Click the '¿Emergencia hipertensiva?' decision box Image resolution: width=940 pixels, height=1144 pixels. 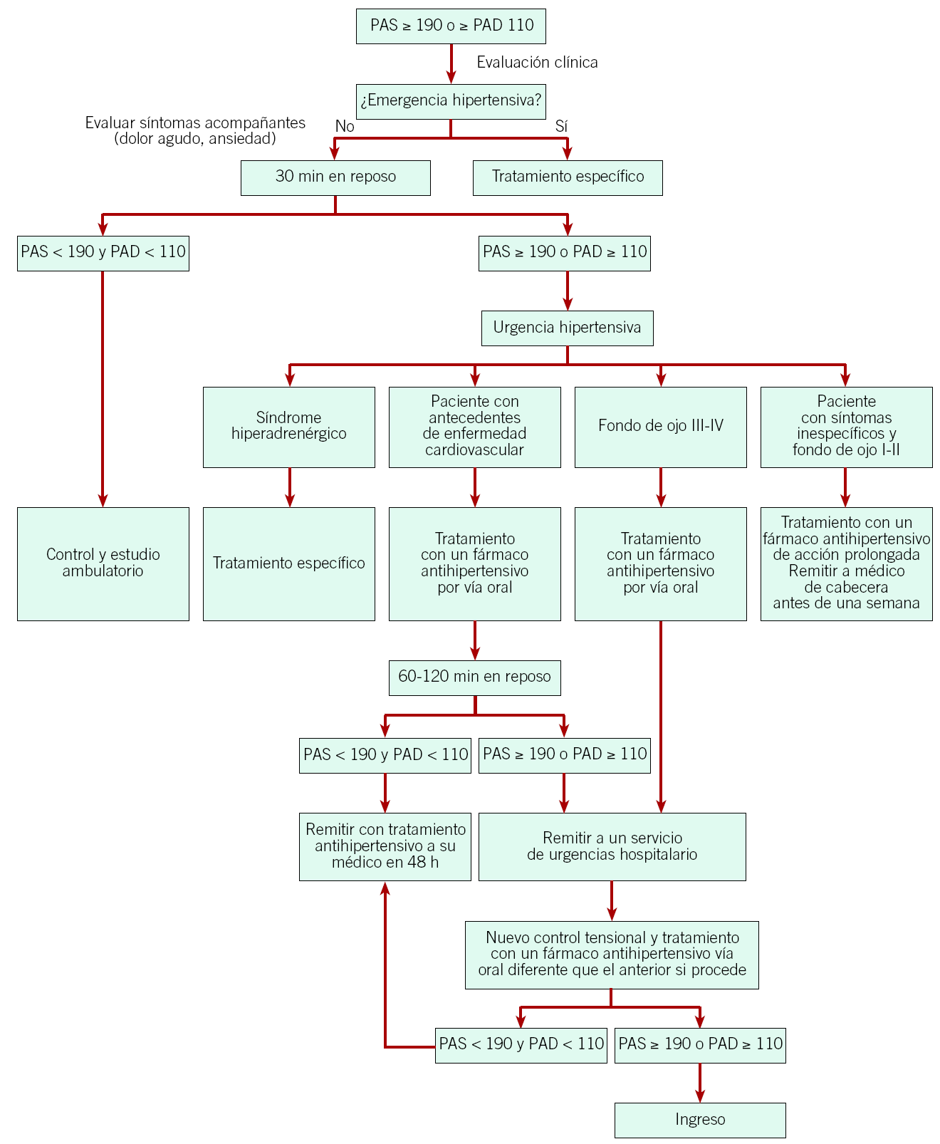pyautogui.click(x=451, y=100)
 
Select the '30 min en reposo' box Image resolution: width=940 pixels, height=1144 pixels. pyautogui.click(x=335, y=177)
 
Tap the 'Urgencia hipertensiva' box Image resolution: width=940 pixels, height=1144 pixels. pyautogui.click(x=567, y=328)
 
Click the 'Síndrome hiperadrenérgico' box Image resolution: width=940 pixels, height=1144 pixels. pyautogui.click(x=288, y=427)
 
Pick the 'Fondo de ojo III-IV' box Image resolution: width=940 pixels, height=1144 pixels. pyautogui.click(x=660, y=427)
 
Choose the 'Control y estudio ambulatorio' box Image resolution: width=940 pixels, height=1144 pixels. pyautogui.click(x=103, y=563)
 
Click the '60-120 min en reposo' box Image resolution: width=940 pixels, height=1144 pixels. pyautogui.click(x=474, y=677)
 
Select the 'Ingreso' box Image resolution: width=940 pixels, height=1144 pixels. pyautogui.click(x=699, y=1120)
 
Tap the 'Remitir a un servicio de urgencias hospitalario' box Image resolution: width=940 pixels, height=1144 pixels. pyautogui.click(x=612, y=846)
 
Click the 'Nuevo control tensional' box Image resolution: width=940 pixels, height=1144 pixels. pyautogui.click(x=611, y=955)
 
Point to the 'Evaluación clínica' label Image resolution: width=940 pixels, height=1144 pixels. pyautogui.click(x=537, y=63)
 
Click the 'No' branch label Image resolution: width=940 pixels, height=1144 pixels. pyautogui.click(x=345, y=127)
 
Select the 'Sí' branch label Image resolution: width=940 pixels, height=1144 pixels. pyautogui.click(x=561, y=127)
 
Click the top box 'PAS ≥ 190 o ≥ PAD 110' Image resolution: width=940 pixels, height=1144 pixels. pyautogui.click(x=451, y=26)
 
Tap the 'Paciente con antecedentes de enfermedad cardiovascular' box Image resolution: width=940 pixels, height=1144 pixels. pyautogui.click(x=474, y=427)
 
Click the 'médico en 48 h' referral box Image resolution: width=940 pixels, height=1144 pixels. pyautogui.click(x=385, y=846)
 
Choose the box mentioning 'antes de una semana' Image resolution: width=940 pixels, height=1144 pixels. pyautogui.click(x=846, y=563)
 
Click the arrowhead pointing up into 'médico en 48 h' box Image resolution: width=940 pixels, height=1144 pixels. pyautogui.click(x=385, y=888)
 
